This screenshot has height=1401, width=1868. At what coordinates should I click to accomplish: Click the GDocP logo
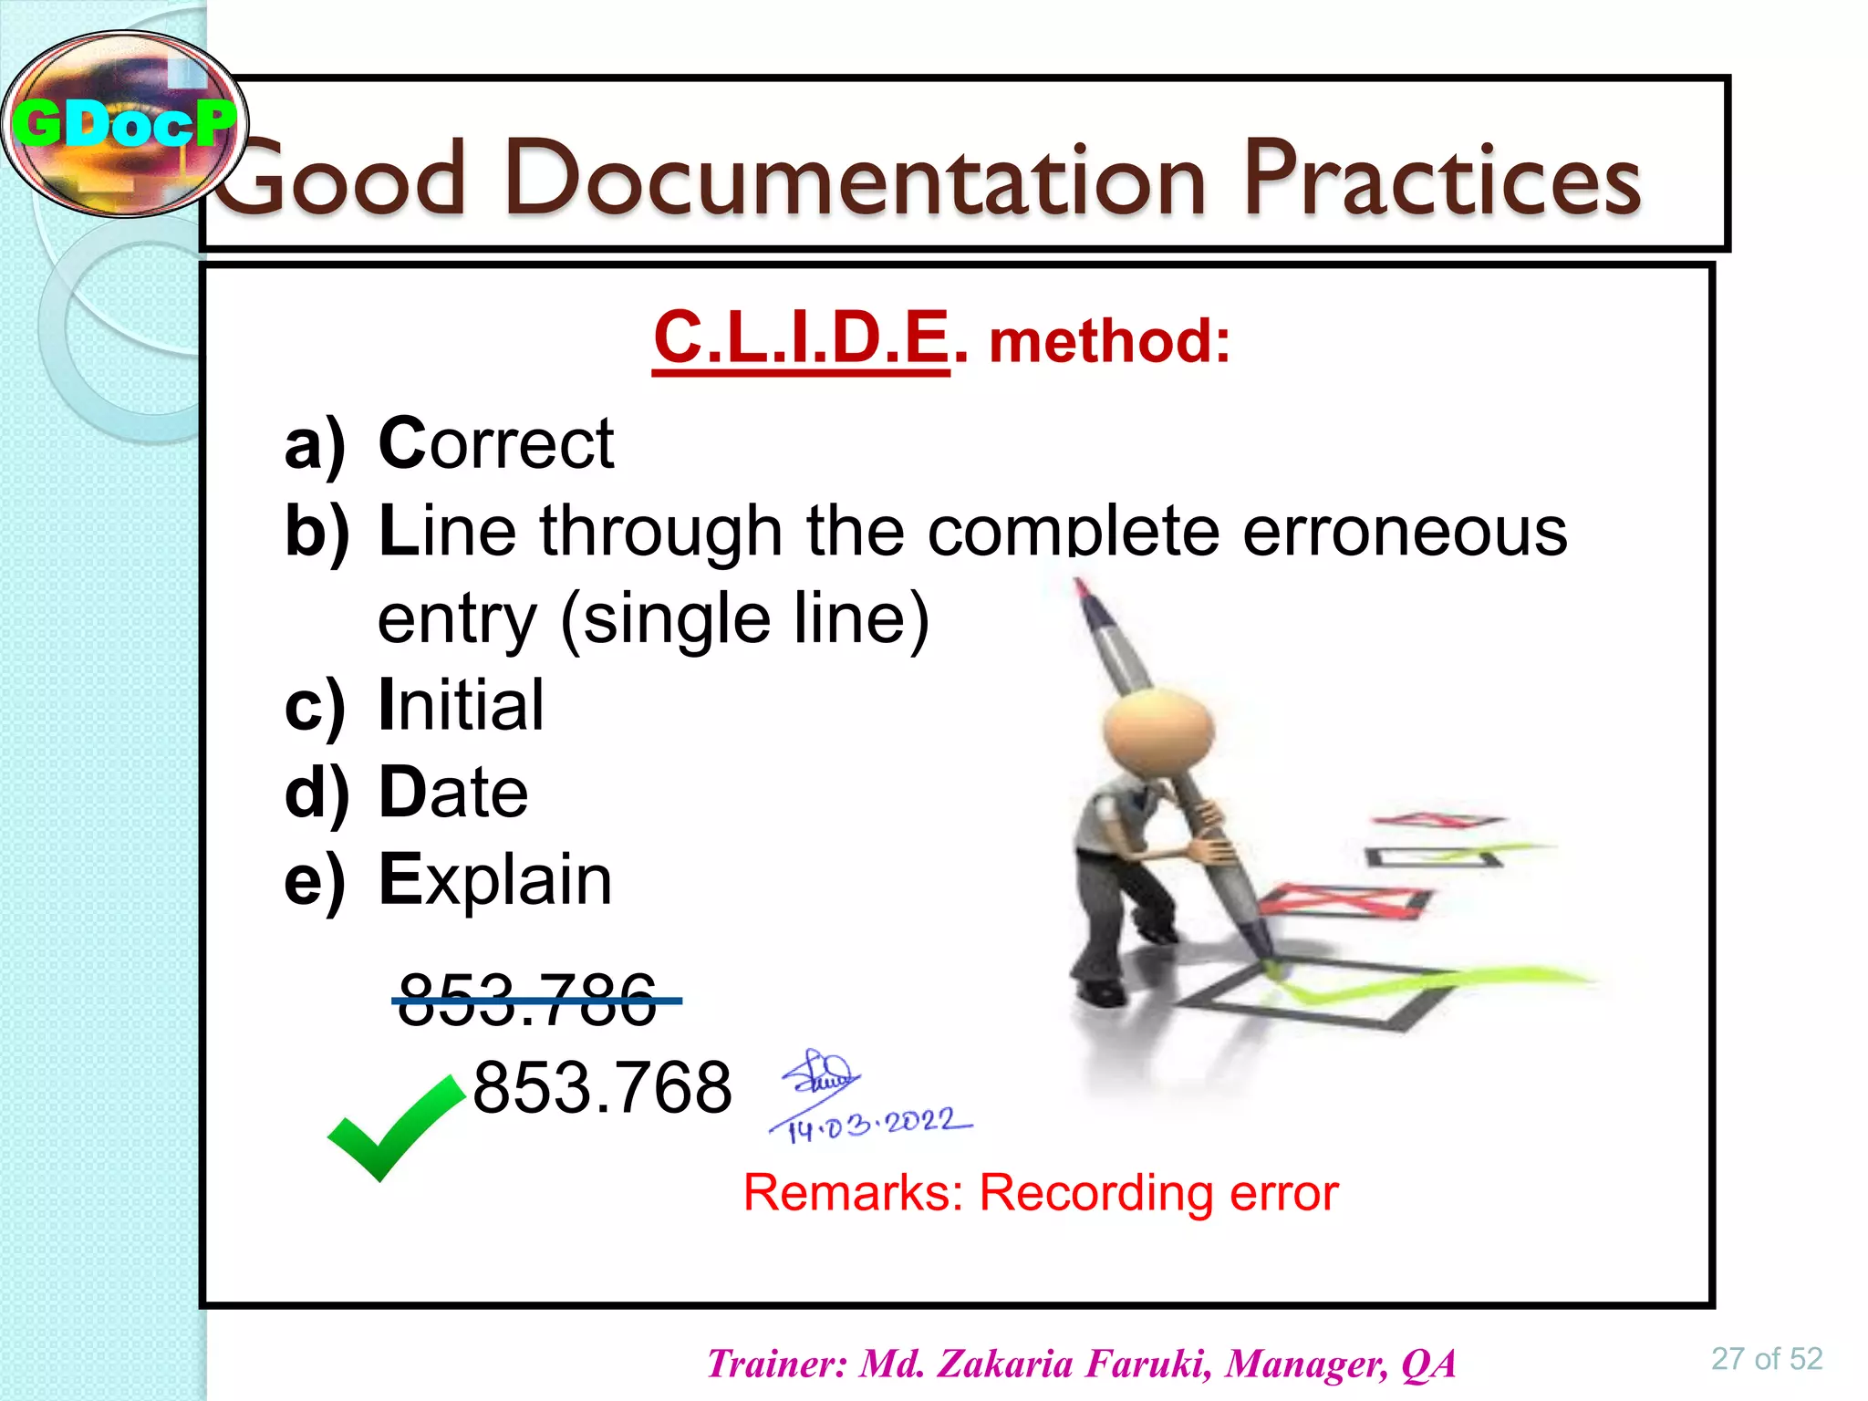[125, 124]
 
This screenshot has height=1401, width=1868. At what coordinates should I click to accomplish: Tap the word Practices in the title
[1442, 180]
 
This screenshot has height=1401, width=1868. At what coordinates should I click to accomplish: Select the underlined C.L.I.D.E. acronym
[802, 337]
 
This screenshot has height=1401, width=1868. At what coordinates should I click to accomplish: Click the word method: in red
[1109, 341]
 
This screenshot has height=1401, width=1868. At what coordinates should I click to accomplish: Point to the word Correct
[496, 443]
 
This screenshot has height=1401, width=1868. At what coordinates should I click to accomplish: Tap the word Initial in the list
[461, 705]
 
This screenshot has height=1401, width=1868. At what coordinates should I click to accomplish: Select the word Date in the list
[453, 792]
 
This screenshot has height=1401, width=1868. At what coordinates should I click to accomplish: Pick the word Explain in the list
[495, 879]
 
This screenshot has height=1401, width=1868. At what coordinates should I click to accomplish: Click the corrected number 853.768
[602, 1087]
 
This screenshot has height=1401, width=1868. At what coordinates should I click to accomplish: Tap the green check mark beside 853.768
[394, 1127]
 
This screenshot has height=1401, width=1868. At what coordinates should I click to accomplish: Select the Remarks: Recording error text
[1041, 1192]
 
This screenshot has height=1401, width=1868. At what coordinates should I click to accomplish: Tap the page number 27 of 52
[1766, 1359]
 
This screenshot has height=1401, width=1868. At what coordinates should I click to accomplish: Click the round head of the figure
[1157, 730]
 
